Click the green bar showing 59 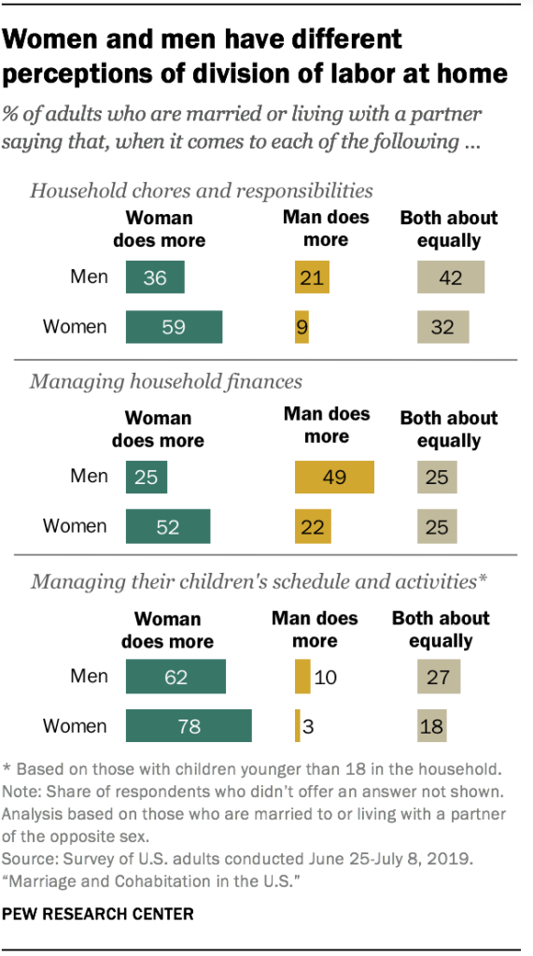pos(174,327)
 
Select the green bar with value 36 pos(155,278)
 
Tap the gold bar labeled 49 pos(334,478)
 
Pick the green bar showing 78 pos(189,726)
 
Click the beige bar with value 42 pos(451,278)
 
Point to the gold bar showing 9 pos(302,327)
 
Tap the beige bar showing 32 pos(442,327)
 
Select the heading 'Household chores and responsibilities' pos(202,191)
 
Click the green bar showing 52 pos(168,526)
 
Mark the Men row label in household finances pos(90,477)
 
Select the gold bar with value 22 pos(314,526)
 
